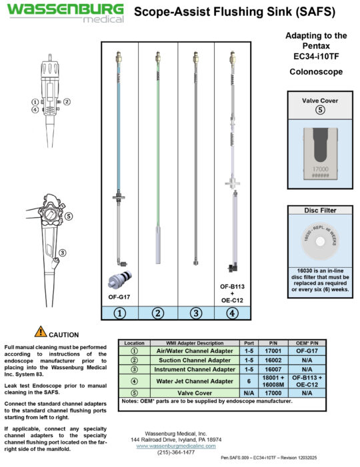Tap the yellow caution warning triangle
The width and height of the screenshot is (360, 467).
[x=41, y=331]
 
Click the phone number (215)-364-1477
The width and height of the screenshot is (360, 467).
[x=176, y=452]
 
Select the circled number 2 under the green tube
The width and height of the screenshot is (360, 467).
[x=158, y=312]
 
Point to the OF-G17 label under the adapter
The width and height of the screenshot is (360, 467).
[x=119, y=296]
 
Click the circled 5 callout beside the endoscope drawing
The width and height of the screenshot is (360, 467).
[x=69, y=216]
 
